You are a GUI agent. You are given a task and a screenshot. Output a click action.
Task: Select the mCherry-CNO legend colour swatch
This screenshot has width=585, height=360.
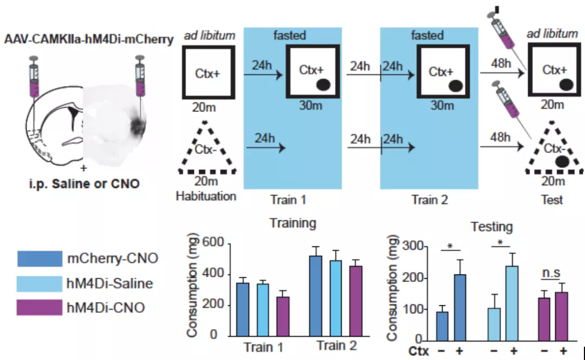click(39, 258)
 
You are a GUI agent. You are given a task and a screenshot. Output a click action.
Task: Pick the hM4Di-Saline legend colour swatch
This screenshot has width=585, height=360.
click(39, 283)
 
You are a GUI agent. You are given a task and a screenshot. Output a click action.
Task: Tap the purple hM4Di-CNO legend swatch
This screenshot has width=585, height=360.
click(39, 307)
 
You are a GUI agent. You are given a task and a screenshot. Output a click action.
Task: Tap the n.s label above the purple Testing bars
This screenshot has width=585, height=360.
click(551, 273)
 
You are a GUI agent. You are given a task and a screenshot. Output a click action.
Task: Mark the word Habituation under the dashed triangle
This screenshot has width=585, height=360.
click(206, 196)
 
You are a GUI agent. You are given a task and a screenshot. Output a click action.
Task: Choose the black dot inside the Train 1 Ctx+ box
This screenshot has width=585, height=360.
click(323, 84)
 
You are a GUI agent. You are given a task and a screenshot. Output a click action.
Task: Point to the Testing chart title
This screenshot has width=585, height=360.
click(491, 226)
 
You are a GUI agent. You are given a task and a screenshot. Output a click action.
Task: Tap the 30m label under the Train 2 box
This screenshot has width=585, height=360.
click(442, 105)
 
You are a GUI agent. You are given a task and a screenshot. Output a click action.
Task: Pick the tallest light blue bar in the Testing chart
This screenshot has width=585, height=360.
click(510, 303)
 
